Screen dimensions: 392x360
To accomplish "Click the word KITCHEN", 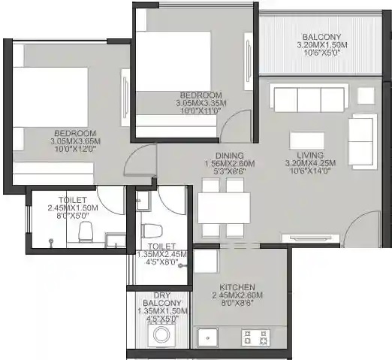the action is click(x=237, y=287).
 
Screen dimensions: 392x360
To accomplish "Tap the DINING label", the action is click(x=230, y=156).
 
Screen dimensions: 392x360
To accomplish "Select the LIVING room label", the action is click(x=310, y=155).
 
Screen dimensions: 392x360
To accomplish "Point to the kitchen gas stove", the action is click(x=255, y=337).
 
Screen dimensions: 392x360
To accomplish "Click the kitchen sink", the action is click(x=207, y=337).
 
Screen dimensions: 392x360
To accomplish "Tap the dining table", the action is click(x=224, y=208).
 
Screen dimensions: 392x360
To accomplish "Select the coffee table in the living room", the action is click(x=307, y=141).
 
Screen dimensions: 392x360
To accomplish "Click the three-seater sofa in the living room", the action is click(x=309, y=98).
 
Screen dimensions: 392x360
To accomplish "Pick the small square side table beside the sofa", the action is click(x=366, y=95).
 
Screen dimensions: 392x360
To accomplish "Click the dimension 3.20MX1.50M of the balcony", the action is click(x=322, y=45).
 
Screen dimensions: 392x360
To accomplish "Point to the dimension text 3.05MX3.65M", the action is click(x=75, y=141).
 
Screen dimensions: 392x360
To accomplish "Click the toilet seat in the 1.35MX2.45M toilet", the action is click(x=152, y=231).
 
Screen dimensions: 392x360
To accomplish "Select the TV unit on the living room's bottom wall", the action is click(x=310, y=238).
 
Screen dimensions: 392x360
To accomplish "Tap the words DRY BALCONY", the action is click(x=162, y=299).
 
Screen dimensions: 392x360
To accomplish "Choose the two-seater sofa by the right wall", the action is click(x=363, y=141).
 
